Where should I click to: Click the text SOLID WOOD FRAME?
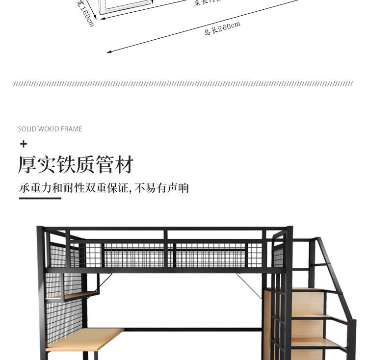pyautogui.click(x=50, y=129)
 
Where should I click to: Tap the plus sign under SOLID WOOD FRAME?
pyautogui.click(x=23, y=144)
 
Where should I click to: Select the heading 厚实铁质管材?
pyautogui.click(x=76, y=165)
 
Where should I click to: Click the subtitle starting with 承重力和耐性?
pyautogui.click(x=104, y=188)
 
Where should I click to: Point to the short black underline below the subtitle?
pyautogui.click(x=40, y=198)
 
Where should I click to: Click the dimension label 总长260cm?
pyautogui.click(x=222, y=29)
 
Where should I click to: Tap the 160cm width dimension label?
pyautogui.click(x=85, y=13)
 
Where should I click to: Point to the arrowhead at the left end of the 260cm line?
pyautogui.click(x=109, y=51)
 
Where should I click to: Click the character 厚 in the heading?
pyautogui.click(x=27, y=165)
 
